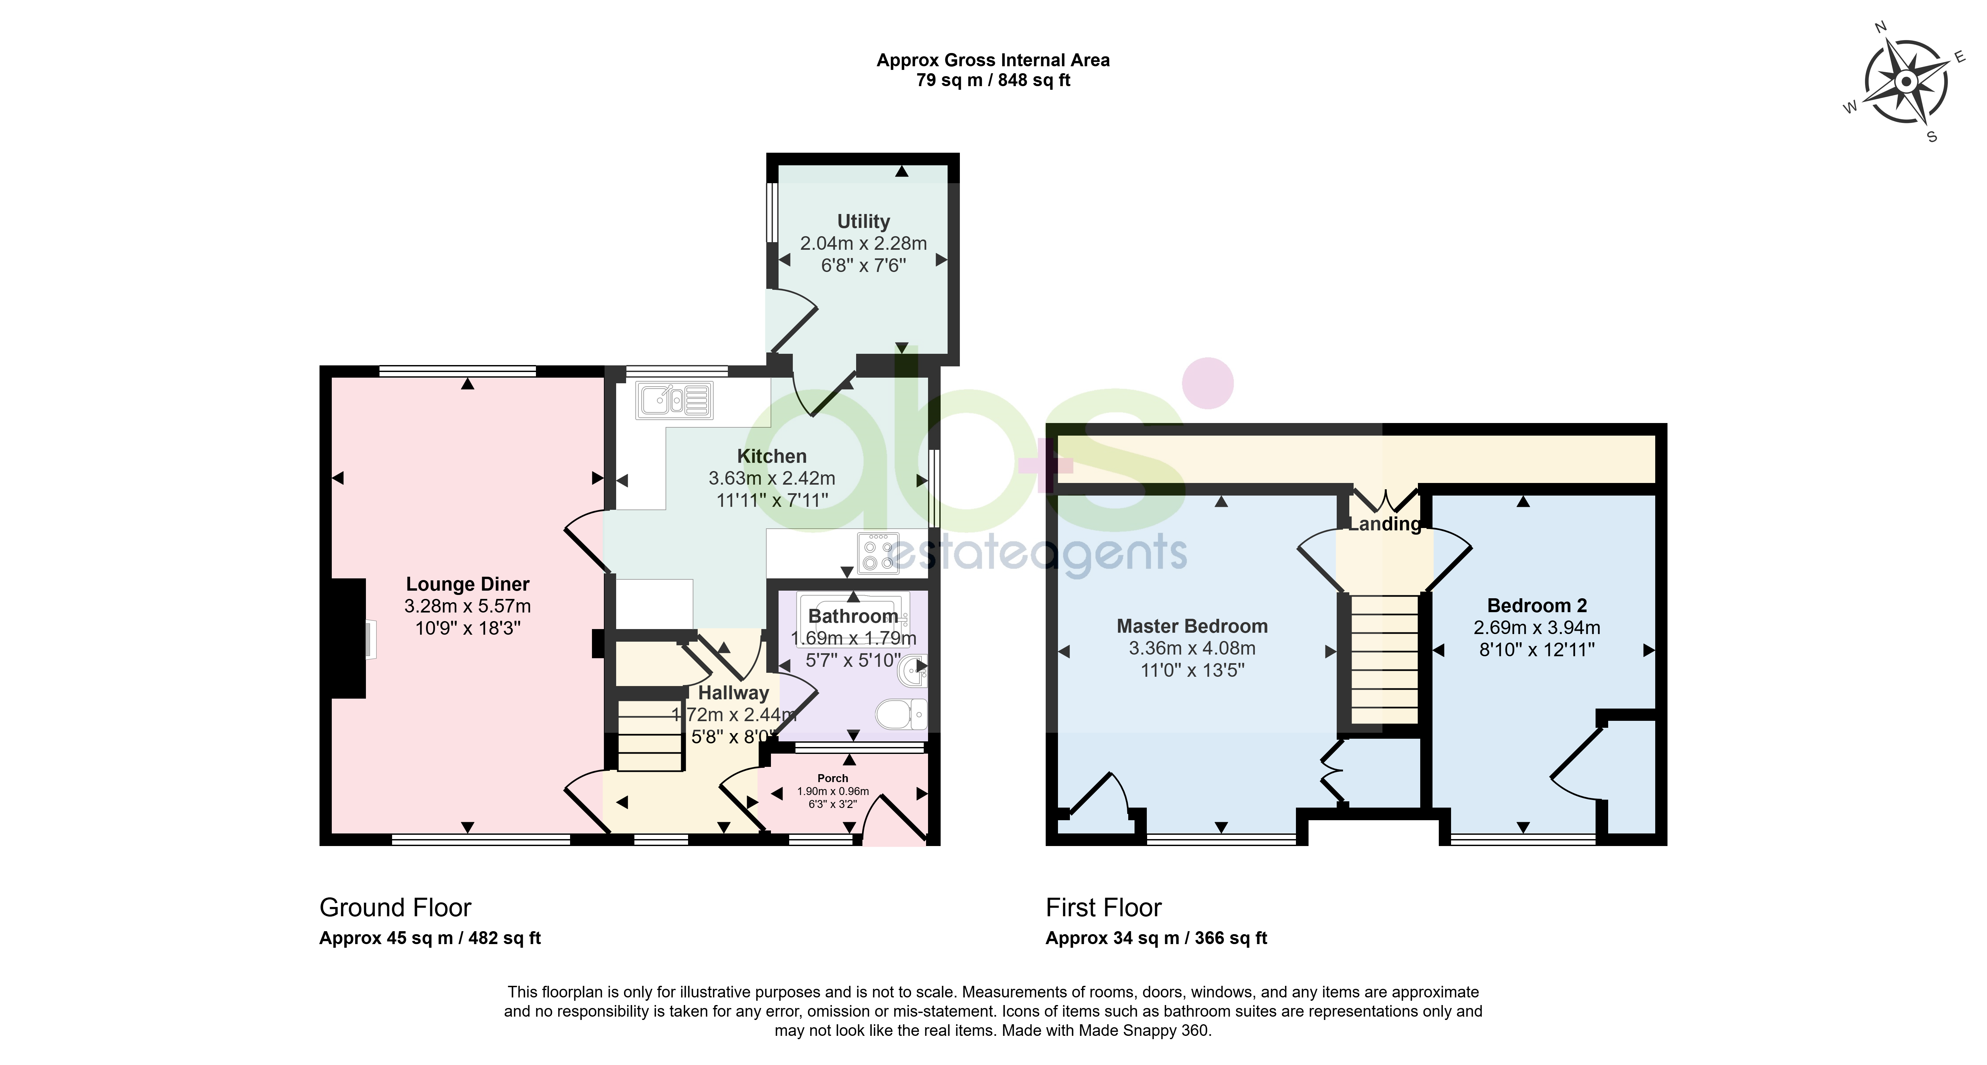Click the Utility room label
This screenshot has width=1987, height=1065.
point(863,221)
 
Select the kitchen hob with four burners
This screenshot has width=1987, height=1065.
point(878,554)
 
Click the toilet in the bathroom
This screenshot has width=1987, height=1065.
point(901,714)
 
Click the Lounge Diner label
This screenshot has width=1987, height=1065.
point(467,585)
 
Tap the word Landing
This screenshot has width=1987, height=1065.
point(1384,524)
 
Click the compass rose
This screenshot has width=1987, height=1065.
point(1905,82)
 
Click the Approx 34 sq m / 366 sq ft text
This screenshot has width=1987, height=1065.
point(1156,938)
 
